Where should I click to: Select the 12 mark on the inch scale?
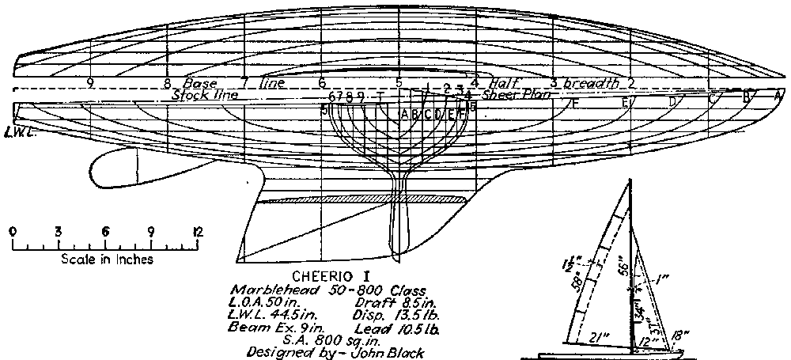tap(197, 232)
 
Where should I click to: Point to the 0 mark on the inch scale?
tap(13, 232)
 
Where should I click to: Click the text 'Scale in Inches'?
tap(106, 259)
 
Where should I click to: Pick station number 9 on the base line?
tap(91, 82)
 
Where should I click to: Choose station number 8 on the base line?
tap(167, 82)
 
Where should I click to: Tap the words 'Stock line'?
tap(205, 94)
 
